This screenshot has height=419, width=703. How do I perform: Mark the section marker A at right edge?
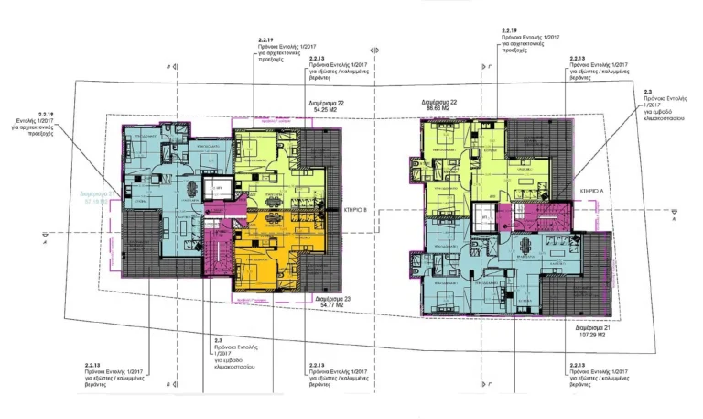pyautogui.click(x=674, y=219)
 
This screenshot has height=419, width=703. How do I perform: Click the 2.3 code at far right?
pyautogui.click(x=647, y=93)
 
